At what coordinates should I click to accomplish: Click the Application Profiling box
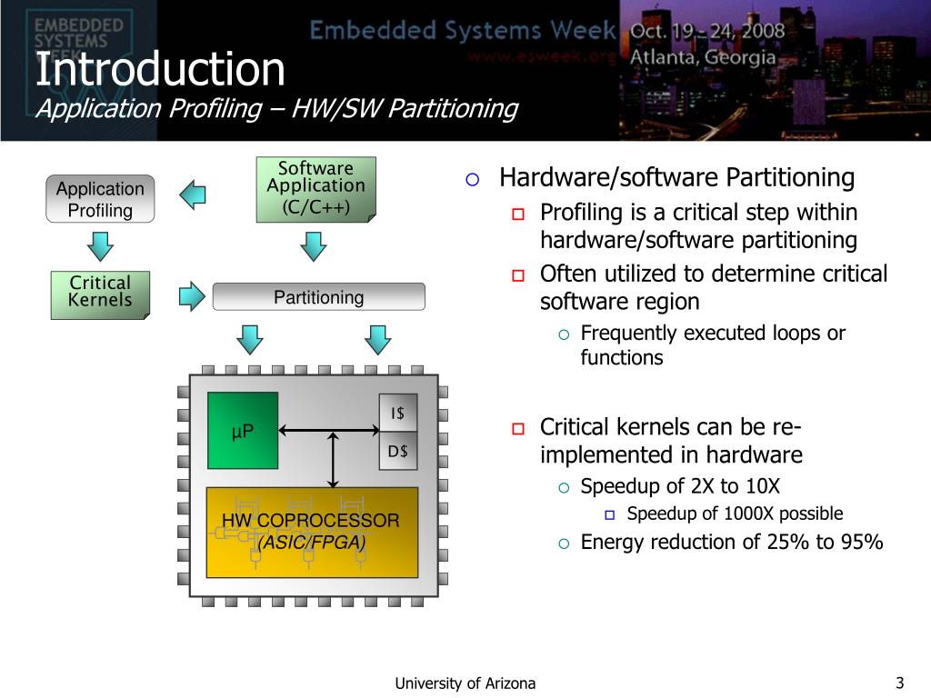[100, 199]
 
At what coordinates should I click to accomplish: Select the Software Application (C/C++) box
[315, 188]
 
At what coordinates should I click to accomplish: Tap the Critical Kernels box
[100, 293]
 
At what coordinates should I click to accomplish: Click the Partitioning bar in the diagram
[318, 297]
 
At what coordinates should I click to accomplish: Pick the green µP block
[243, 430]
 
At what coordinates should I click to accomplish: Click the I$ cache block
[397, 413]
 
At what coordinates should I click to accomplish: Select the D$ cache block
[397, 451]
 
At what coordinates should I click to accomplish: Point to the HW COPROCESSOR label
[311, 521]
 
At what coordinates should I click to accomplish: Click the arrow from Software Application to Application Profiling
[193, 193]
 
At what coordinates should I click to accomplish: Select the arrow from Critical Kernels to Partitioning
[192, 294]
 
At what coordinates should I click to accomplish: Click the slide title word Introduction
[160, 69]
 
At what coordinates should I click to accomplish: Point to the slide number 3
[899, 683]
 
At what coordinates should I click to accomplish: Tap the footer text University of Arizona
[465, 683]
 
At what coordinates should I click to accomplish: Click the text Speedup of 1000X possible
[735, 514]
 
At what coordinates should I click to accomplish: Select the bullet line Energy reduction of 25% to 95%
[732, 543]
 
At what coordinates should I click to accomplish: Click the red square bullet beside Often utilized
[518, 275]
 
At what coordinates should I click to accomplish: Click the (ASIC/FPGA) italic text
[312, 543]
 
